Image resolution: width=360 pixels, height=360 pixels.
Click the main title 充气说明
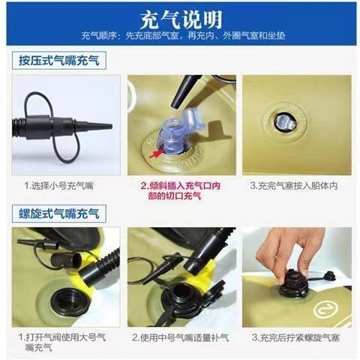click(x=181, y=19)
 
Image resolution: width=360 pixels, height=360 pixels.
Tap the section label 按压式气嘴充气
click(x=59, y=60)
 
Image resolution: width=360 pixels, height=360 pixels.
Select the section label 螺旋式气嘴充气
click(x=59, y=214)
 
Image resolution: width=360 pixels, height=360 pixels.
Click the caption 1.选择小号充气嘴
click(x=58, y=186)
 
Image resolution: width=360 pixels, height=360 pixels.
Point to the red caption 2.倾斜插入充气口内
click(x=181, y=186)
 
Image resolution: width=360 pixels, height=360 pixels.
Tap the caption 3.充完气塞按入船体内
click(x=294, y=186)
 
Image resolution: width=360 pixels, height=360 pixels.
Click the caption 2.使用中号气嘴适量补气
click(x=181, y=338)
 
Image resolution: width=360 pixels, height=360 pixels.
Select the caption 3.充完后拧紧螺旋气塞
click(x=295, y=337)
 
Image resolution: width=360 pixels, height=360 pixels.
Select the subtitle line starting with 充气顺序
click(x=183, y=36)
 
